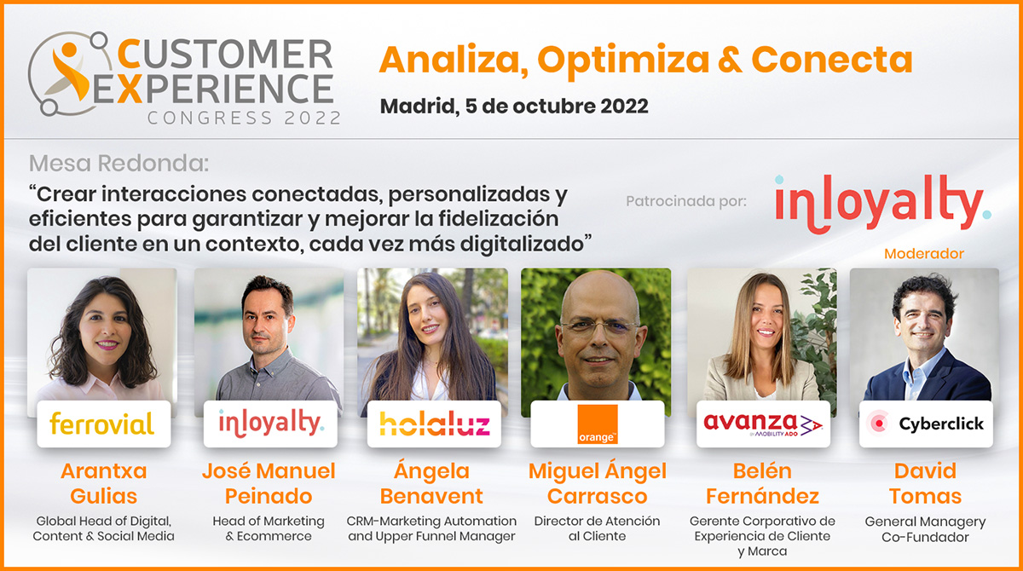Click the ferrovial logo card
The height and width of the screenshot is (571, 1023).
104,424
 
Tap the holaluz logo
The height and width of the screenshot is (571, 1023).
434,424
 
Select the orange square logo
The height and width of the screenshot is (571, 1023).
597,424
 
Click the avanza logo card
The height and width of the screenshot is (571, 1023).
763,424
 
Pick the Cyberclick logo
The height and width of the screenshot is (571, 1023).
925,424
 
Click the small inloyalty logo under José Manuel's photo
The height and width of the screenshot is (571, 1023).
271,423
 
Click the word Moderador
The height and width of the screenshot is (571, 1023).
924,254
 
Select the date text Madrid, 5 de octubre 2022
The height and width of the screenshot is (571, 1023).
514,107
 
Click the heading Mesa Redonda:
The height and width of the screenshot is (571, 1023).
118,164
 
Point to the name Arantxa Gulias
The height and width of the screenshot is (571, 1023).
104,483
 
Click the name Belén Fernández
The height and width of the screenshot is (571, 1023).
763,483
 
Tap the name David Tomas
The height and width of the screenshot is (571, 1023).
925,483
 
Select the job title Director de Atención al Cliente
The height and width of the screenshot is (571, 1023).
598,528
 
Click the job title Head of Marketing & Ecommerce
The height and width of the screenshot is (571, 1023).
269,528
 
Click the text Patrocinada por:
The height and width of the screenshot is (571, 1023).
686,201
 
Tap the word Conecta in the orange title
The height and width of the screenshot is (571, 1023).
832,60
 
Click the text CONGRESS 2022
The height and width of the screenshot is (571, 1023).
245,118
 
